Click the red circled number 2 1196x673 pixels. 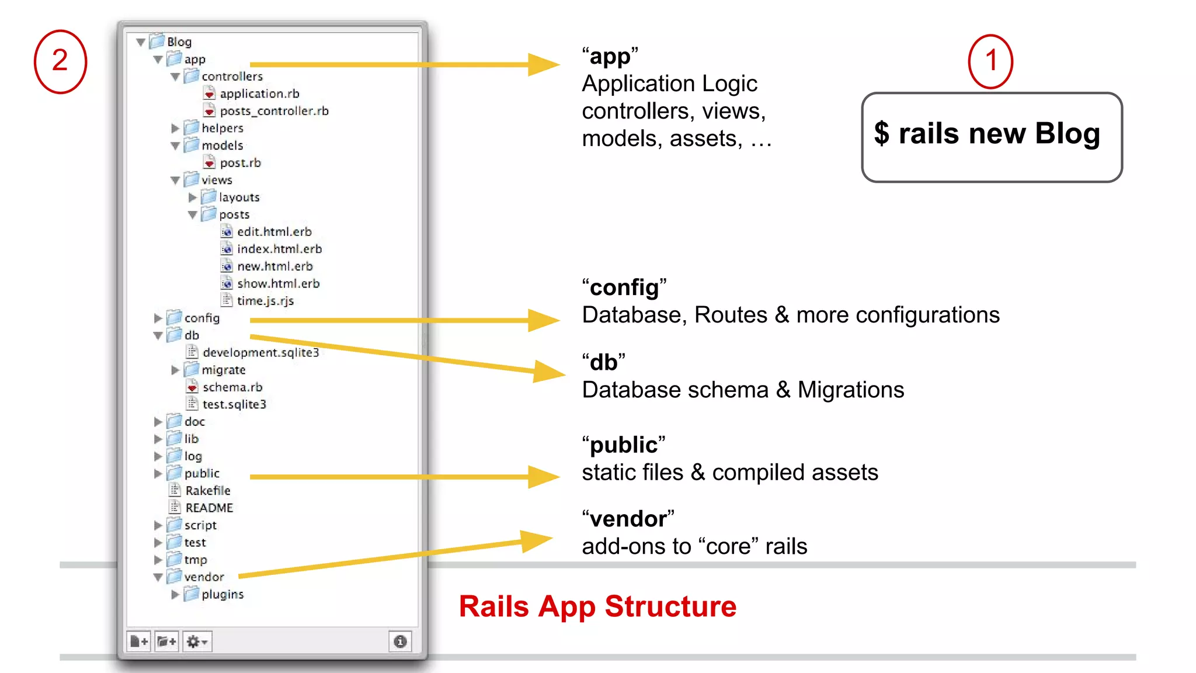coord(60,61)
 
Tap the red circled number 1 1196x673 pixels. coord(990,61)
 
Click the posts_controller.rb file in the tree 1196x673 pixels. coord(273,111)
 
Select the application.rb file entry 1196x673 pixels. coord(259,93)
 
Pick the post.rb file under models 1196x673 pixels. coord(239,163)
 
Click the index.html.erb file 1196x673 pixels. coord(279,249)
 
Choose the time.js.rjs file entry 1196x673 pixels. coord(265,301)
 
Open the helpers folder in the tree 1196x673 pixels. coord(222,128)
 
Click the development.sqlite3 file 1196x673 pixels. coord(260,352)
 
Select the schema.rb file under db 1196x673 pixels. coord(232,387)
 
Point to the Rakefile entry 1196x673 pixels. coord(207,491)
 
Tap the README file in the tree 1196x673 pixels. coord(208,508)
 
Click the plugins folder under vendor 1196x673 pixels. coord(222,594)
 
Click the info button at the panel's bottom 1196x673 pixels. coord(400,641)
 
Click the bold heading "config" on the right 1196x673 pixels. coord(624,287)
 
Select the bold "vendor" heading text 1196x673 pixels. coord(628,519)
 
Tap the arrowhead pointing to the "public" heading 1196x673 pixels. coord(543,477)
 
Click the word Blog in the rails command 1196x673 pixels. coord(1067,134)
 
